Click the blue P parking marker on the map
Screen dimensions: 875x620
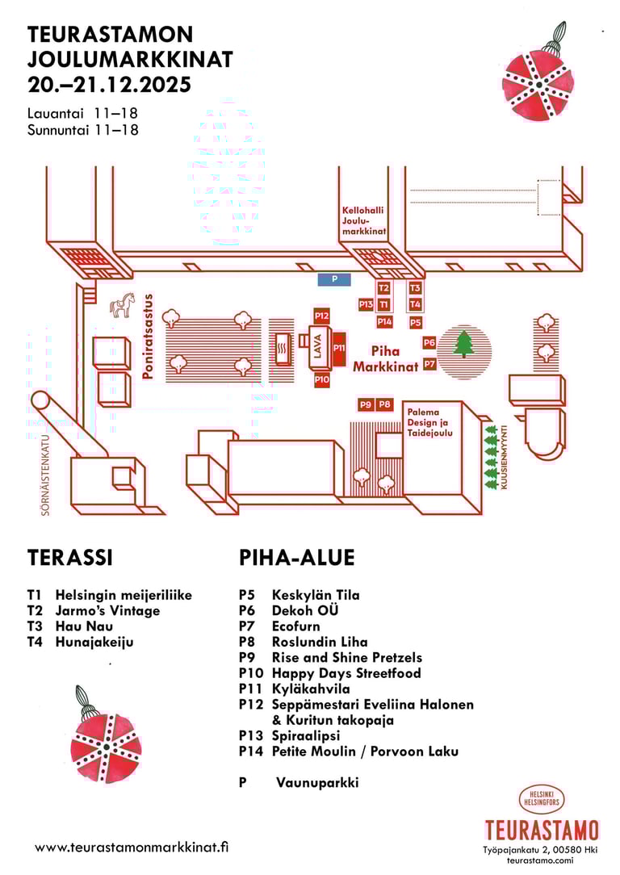(x=335, y=279)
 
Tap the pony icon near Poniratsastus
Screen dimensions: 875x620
(x=123, y=306)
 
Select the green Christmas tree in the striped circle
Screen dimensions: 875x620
(x=464, y=343)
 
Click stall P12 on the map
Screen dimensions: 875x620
(x=322, y=316)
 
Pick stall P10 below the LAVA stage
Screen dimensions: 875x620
(x=322, y=379)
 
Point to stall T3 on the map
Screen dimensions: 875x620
(x=415, y=287)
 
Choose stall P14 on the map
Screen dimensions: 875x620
(x=385, y=322)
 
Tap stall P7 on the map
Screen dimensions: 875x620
(x=429, y=364)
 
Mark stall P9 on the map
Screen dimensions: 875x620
(x=366, y=404)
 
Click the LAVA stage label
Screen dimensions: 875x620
(x=318, y=348)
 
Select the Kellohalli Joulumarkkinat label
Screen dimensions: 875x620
(x=362, y=220)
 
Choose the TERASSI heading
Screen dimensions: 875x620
(x=69, y=558)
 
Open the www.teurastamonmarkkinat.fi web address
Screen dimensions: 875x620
(x=132, y=848)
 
